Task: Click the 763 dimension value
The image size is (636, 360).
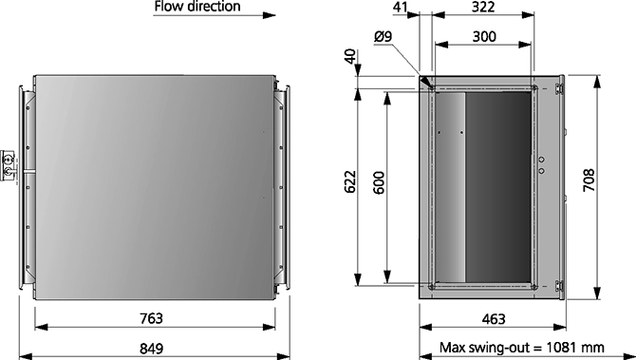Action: pyautogui.click(x=151, y=318)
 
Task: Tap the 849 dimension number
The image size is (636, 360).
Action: pyautogui.click(x=151, y=349)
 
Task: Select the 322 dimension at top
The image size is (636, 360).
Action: pyautogui.click(x=483, y=7)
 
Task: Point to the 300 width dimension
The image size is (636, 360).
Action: pyautogui.click(x=484, y=36)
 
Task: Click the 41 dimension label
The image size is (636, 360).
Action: pyautogui.click(x=401, y=7)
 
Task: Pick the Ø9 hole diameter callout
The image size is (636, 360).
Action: pyautogui.click(x=383, y=36)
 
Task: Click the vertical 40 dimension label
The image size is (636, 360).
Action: pyautogui.click(x=351, y=56)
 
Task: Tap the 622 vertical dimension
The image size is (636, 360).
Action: pyautogui.click(x=350, y=182)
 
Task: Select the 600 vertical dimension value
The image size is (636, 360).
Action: pyautogui.click(x=379, y=182)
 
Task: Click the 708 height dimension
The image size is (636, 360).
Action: pyautogui.click(x=589, y=180)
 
